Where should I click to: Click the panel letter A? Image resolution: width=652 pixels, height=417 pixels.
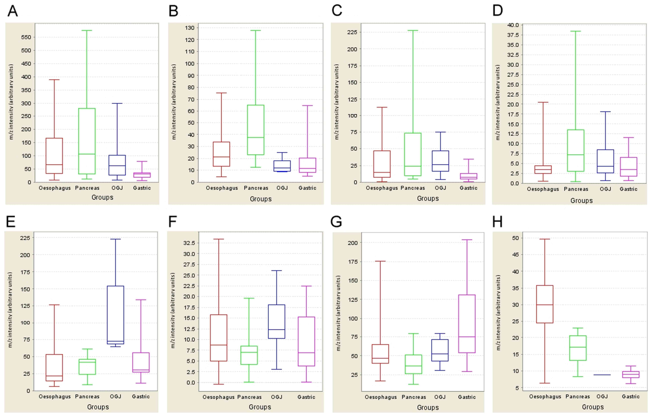click(x=13, y=11)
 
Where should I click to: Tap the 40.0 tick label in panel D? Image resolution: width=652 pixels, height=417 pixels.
click(x=513, y=25)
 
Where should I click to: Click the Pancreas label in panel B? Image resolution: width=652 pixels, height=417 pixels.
click(x=256, y=188)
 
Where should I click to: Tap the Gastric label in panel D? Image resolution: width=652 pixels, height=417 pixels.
click(x=628, y=189)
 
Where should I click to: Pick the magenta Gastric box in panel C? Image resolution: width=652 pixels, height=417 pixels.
click(x=468, y=176)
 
